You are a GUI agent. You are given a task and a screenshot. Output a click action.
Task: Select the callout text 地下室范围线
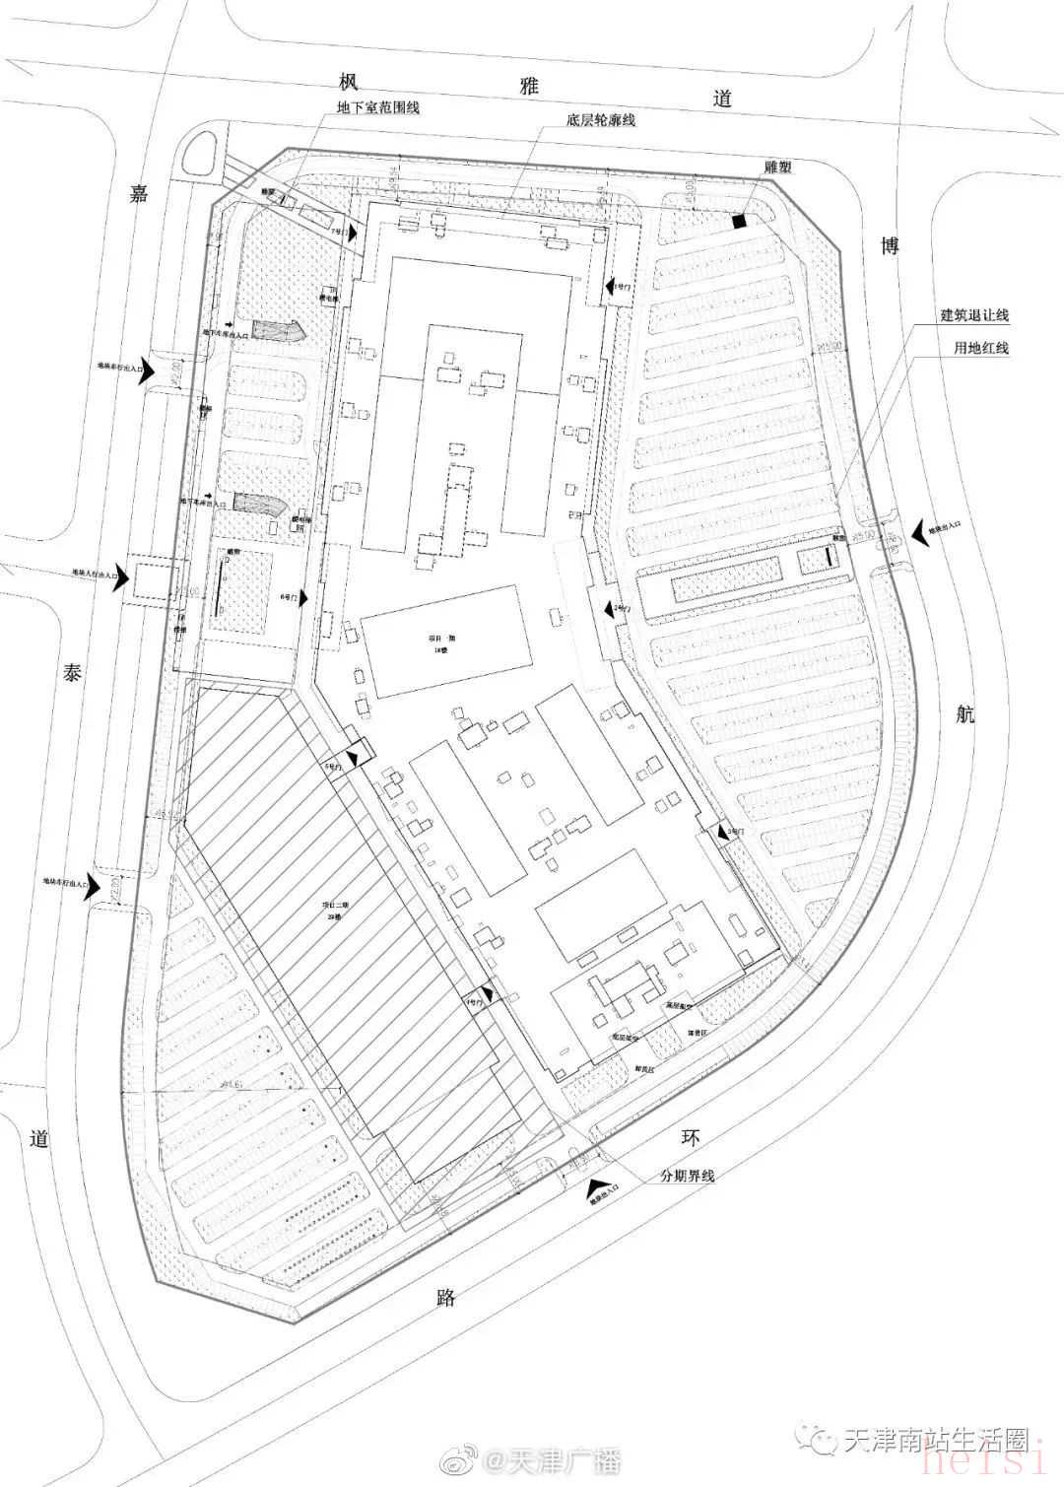coord(378,106)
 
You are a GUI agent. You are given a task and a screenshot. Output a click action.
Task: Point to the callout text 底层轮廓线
coord(601,120)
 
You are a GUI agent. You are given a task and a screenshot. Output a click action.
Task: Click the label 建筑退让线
coord(974,315)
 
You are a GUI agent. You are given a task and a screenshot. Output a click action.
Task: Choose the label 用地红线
coord(980,348)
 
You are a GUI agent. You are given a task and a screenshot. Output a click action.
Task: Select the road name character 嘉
coord(139,194)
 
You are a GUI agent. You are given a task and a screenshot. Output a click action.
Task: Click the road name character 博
coord(890,245)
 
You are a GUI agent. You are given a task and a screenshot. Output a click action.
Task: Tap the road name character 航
coord(965,714)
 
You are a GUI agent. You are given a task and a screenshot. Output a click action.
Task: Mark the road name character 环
coord(692,1136)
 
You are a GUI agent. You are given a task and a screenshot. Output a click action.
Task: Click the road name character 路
coord(445,1296)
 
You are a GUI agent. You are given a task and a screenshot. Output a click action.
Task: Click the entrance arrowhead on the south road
coord(595,1190)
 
